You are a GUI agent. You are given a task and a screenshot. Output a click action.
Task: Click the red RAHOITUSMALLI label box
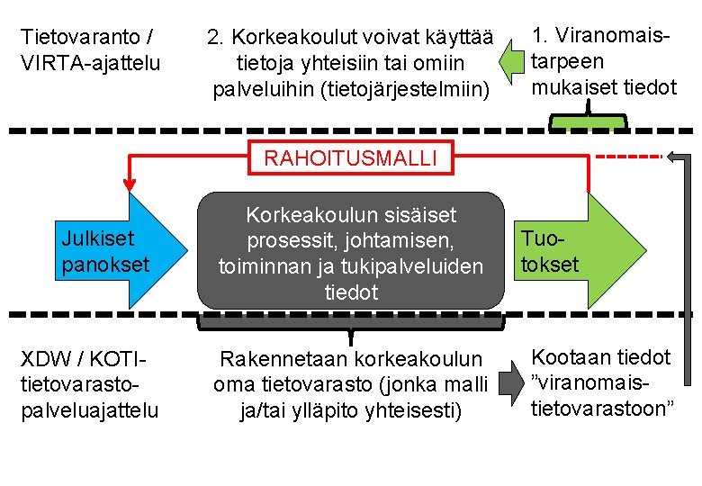coord(351,158)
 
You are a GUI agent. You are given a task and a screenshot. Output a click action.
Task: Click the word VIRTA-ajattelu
coord(89,63)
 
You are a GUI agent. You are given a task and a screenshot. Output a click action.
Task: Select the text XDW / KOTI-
coord(82,358)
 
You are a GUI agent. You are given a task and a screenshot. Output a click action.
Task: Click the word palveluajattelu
coord(89,410)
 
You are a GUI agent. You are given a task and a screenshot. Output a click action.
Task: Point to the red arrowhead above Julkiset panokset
coord(130,184)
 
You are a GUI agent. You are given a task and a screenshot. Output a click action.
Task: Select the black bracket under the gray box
coord(351,321)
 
